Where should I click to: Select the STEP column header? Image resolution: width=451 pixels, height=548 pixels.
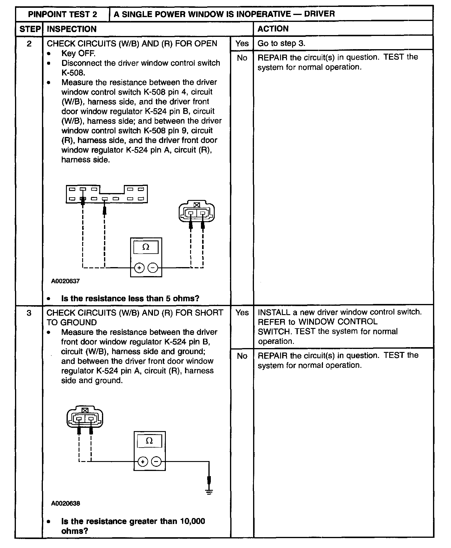click(x=30, y=29)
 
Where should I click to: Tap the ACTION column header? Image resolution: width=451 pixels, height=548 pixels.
click(x=273, y=29)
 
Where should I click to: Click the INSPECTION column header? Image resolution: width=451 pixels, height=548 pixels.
click(x=72, y=29)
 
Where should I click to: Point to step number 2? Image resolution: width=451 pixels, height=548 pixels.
click(x=29, y=44)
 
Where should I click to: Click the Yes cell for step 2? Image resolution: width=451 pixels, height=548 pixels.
click(x=242, y=43)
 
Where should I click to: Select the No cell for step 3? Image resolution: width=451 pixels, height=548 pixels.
click(x=242, y=356)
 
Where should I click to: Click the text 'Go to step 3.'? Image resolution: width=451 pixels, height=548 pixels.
click(x=281, y=43)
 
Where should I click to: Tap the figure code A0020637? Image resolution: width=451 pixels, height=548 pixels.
click(x=65, y=281)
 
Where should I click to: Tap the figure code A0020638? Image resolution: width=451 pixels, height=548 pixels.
click(x=66, y=503)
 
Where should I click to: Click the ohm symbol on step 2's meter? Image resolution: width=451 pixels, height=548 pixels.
click(x=146, y=247)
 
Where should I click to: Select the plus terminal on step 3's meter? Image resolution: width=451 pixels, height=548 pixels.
click(x=143, y=462)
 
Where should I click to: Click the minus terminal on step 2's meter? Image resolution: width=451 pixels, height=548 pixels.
click(x=153, y=268)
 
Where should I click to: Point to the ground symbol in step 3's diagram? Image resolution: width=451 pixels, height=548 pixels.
click(x=209, y=492)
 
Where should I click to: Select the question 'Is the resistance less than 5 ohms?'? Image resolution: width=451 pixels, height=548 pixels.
click(x=130, y=299)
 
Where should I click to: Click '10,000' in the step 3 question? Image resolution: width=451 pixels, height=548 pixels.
click(x=193, y=521)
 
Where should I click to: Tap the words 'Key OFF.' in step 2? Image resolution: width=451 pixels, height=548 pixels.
click(x=78, y=53)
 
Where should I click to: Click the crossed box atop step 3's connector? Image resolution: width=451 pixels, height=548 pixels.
click(x=85, y=410)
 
